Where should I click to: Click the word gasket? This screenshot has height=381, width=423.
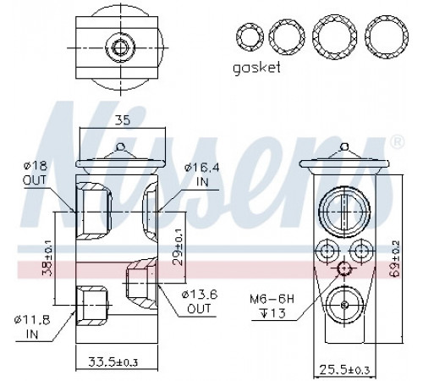pos(256,69)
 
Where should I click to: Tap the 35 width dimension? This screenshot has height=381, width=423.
pos(124,119)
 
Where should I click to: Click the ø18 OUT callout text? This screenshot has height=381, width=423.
pos(35,173)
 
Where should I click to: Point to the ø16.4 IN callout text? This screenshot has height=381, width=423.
pos(202,174)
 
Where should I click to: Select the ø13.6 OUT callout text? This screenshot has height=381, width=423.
pos(200,302)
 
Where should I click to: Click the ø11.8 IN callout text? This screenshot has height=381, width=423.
pos(32,327)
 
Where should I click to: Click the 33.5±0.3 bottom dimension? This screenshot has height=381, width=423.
pos(113,362)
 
